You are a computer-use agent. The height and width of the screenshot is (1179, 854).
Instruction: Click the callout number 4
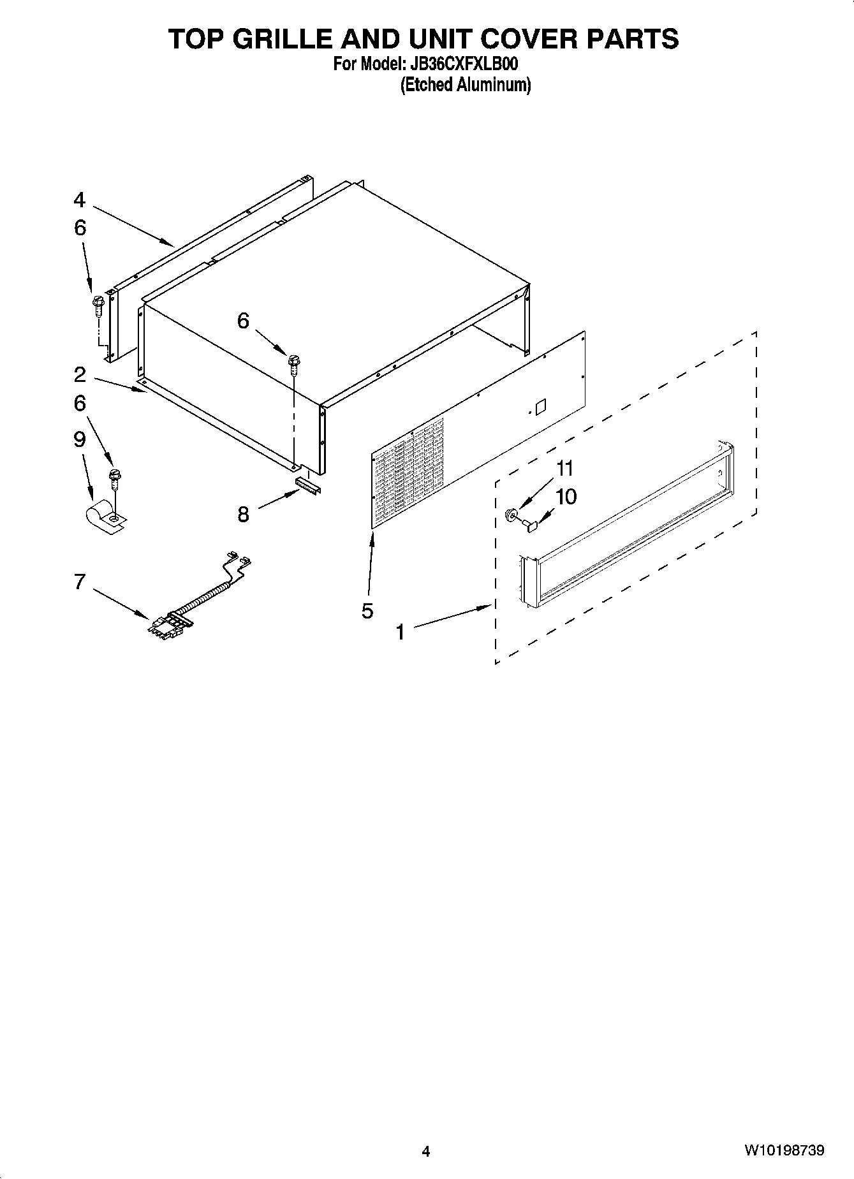tap(79, 200)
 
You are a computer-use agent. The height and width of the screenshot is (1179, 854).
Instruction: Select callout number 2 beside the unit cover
tap(79, 374)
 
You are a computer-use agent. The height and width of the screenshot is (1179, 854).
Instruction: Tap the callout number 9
tap(79, 439)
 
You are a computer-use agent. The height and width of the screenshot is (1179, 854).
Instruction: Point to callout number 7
tap(79, 582)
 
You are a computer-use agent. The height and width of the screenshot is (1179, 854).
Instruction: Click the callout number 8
tap(243, 514)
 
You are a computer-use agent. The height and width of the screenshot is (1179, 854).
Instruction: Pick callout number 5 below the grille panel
tap(367, 611)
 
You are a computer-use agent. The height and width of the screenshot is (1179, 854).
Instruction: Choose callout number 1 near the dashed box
tap(401, 632)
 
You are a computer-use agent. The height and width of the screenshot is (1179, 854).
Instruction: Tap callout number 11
tap(564, 469)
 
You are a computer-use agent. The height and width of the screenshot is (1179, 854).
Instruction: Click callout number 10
tap(566, 496)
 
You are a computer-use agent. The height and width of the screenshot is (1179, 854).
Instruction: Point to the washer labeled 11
tap(511, 513)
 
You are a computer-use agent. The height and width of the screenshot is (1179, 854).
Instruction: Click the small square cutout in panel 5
tap(540, 406)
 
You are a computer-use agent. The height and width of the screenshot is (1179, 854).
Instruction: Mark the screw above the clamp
tap(115, 476)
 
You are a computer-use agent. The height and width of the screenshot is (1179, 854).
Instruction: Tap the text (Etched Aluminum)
tap(465, 85)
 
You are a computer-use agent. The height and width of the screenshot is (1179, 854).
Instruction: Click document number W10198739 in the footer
tap(783, 1150)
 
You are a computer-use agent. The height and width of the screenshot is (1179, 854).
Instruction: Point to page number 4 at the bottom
tap(426, 1151)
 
